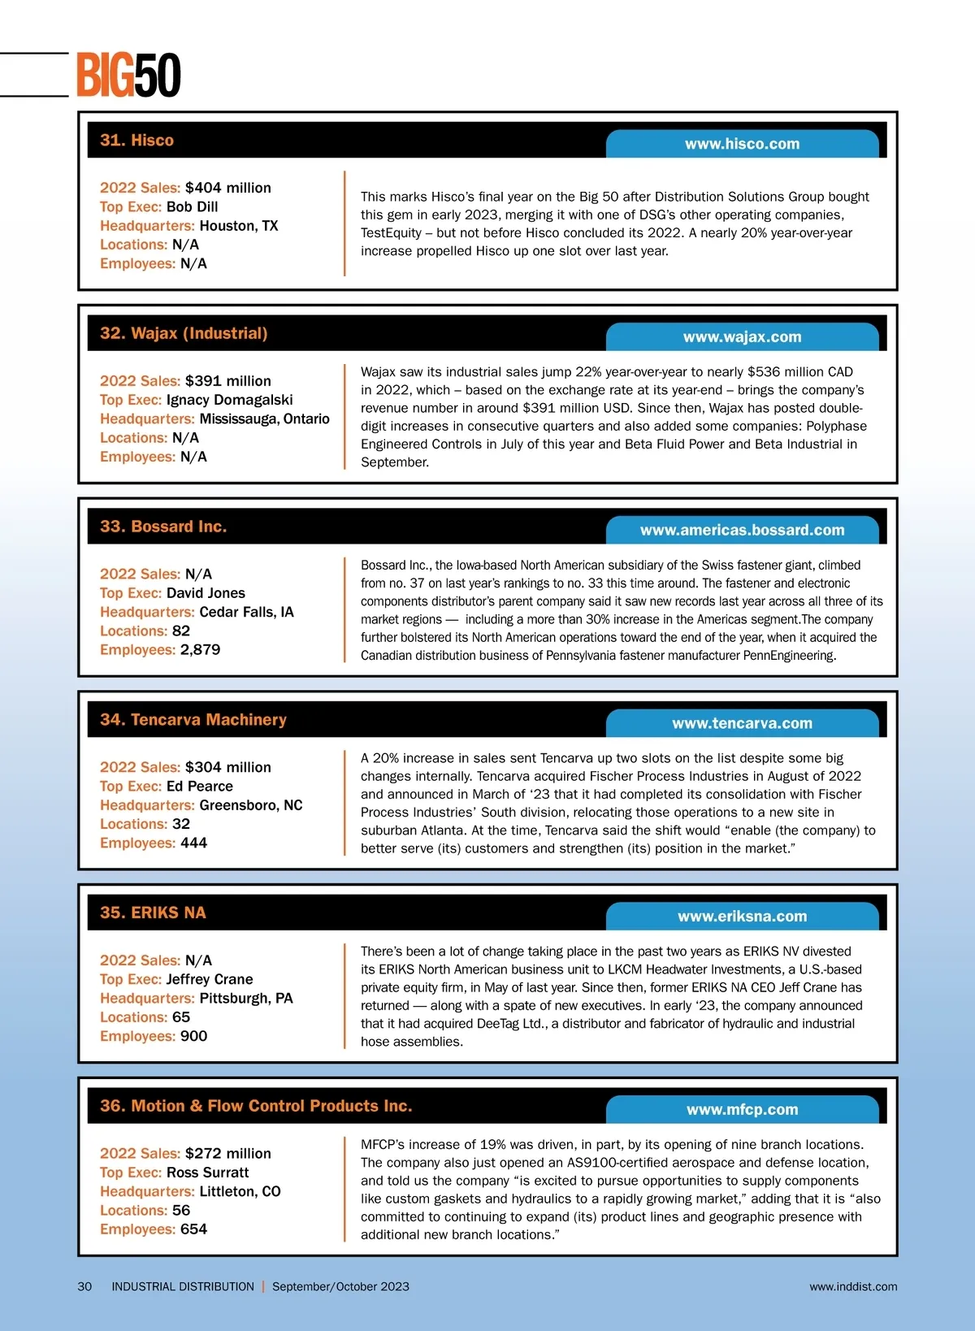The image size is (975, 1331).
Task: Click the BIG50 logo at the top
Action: (128, 76)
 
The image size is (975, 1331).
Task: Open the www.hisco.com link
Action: (742, 144)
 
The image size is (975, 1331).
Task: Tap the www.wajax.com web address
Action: (742, 337)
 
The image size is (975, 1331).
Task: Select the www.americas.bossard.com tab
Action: (742, 531)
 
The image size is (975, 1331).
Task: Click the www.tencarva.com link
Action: (742, 723)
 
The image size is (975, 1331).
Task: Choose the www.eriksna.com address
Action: (742, 917)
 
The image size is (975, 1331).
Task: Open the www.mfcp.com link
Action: (742, 1110)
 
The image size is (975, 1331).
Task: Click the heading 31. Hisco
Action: (136, 141)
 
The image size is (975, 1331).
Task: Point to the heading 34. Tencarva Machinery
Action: (193, 720)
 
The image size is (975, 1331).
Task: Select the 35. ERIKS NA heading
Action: (153, 913)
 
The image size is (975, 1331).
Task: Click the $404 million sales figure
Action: (228, 188)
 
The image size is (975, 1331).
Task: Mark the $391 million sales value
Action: (228, 381)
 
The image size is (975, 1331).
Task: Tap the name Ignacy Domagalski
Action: (229, 400)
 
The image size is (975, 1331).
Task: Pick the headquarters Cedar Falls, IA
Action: (246, 612)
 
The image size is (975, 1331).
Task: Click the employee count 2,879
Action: (200, 650)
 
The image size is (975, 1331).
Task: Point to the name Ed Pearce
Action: (199, 787)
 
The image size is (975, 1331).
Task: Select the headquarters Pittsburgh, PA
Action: (245, 999)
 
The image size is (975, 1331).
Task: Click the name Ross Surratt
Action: (207, 1173)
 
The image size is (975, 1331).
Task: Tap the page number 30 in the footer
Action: (84, 1286)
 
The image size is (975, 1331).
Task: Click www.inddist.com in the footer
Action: (853, 1286)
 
